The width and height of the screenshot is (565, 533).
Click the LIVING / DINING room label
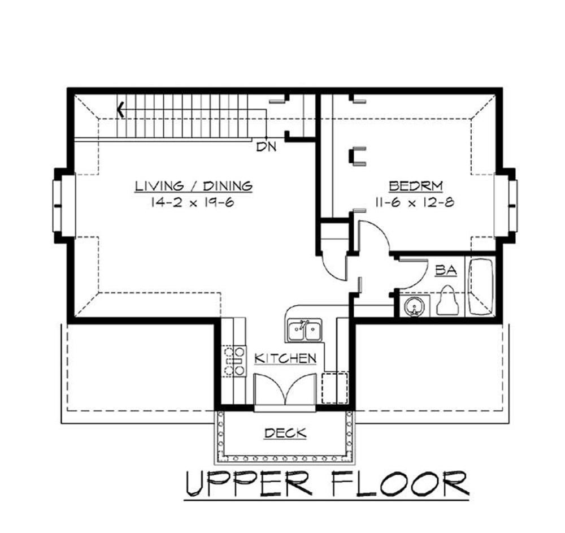pyautogui.click(x=193, y=185)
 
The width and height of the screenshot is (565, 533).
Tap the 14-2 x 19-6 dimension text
pyautogui.click(x=193, y=202)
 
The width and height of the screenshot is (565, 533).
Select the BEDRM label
pyautogui.click(x=416, y=185)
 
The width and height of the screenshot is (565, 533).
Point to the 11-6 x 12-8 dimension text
pyautogui.click(x=414, y=202)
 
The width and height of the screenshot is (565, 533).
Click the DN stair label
pyautogui.click(x=266, y=148)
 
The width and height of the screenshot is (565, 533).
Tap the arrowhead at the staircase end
pyautogui.click(x=120, y=109)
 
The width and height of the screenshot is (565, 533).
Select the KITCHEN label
pyautogui.click(x=285, y=358)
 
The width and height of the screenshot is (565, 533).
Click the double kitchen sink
pyautogui.click(x=305, y=331)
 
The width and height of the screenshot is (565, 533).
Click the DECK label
pyautogui.click(x=285, y=434)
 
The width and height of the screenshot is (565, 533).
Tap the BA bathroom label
pyautogui.click(x=445, y=271)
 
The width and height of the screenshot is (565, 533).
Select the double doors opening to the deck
pyautogui.click(x=285, y=391)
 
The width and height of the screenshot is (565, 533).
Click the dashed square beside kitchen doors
pyautogui.click(x=333, y=387)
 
